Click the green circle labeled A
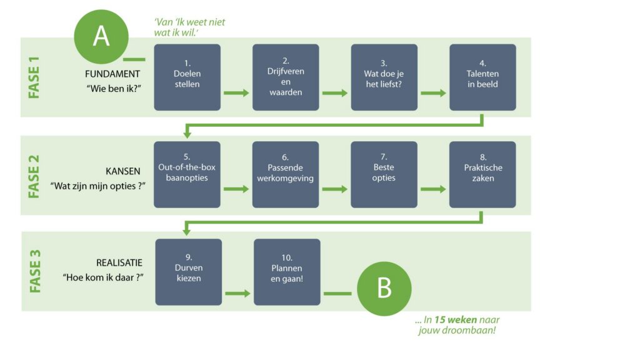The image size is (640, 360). [x=101, y=37]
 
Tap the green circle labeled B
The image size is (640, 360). [x=384, y=289]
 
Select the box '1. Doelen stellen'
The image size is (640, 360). [x=187, y=77]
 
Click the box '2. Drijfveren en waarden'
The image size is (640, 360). [x=286, y=77]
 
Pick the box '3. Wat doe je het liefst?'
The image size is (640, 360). [x=384, y=77]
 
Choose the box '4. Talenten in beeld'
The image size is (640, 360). [x=483, y=77]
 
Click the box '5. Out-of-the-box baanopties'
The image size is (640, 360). [x=187, y=175]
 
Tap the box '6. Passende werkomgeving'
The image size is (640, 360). [x=286, y=175]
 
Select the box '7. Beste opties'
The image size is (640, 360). [x=384, y=175]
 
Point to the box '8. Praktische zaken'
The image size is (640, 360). [x=483, y=175]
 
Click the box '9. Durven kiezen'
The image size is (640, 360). [x=189, y=272]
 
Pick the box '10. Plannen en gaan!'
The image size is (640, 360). [x=287, y=272]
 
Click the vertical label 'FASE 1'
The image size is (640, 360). [x=34, y=77]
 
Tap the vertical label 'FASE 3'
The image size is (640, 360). [x=35, y=272]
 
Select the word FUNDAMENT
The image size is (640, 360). [x=112, y=74]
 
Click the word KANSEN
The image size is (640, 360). [x=123, y=171]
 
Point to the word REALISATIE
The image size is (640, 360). [x=119, y=263]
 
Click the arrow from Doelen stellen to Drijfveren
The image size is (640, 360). [x=236, y=93]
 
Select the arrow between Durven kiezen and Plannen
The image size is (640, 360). [x=237, y=293]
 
